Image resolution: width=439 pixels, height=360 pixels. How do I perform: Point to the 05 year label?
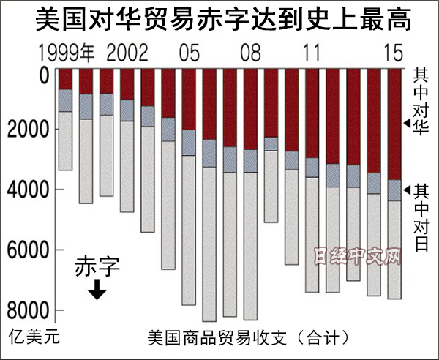tap(189, 53)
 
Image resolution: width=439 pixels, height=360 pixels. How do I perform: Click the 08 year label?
tap(250, 53)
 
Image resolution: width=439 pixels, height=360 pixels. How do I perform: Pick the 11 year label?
tap(312, 53)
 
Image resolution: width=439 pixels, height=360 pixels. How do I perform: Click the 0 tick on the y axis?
tap(43, 75)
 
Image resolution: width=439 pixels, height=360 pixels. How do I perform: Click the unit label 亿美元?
tap(32, 339)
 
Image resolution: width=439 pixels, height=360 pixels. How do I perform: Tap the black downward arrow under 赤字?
tap(97, 290)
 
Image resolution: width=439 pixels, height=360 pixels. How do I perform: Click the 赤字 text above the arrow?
tap(97, 268)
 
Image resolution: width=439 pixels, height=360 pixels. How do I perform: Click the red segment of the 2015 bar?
tap(394, 124)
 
